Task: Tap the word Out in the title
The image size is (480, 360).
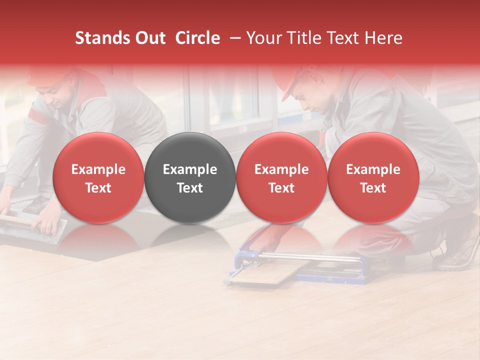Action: click(x=148, y=38)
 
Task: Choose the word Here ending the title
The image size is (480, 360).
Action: click(x=383, y=38)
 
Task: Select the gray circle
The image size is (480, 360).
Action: click(x=190, y=178)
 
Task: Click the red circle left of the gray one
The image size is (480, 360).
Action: click(x=98, y=178)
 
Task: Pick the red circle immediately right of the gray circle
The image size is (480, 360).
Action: click(x=281, y=178)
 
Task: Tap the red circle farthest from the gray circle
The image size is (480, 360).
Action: click(x=373, y=178)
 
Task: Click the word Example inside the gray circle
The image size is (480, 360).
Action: click(x=190, y=169)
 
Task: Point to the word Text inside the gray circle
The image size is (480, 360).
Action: click(x=190, y=188)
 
